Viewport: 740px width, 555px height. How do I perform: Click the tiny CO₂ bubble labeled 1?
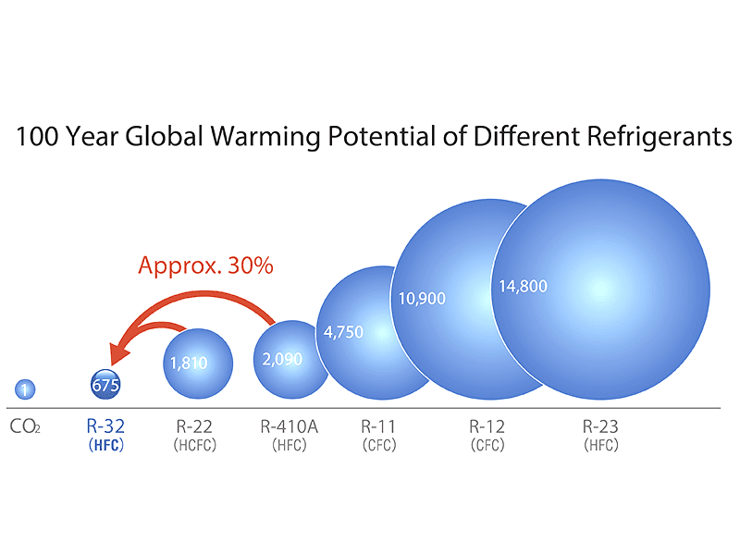26,390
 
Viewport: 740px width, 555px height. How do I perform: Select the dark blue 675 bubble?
105,385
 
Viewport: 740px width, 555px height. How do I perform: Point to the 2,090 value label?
282,359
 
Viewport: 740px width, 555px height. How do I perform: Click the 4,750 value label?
343,332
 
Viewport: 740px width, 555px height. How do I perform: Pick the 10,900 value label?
422,298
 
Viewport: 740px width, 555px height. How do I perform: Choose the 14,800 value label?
524,286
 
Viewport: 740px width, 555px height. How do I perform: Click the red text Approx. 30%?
205,265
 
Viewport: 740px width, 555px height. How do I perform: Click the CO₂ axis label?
25,427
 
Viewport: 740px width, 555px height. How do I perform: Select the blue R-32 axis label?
105,426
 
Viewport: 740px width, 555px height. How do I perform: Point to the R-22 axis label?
194,426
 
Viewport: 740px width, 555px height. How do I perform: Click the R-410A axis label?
290,426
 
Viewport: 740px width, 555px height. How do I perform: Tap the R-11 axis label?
379,426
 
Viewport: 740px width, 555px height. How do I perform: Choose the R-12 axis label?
487,426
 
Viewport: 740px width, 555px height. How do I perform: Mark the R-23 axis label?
600,426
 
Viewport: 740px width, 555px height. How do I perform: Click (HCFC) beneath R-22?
194,445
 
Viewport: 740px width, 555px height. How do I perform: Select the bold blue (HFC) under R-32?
105,445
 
